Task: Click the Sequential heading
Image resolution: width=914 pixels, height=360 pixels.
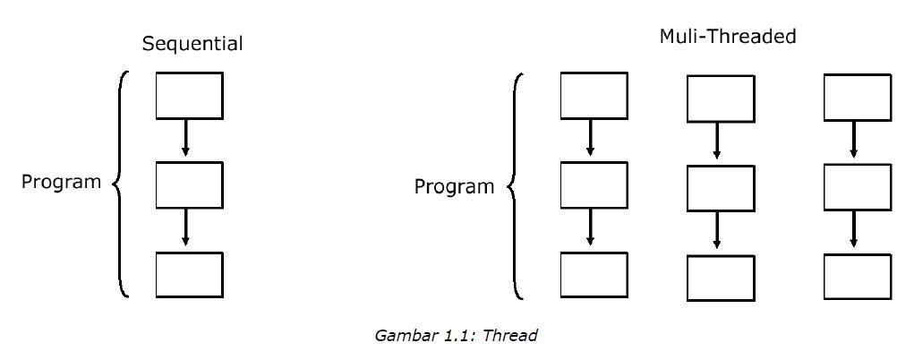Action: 192,43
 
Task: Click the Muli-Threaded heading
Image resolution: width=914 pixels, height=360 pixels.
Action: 727,37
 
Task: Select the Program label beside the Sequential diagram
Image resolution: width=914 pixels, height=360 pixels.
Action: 62,182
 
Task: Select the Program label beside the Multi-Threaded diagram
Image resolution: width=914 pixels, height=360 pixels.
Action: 454,186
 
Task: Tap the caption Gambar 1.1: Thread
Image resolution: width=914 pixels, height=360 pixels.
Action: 456,336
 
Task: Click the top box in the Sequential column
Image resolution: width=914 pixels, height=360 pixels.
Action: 189,96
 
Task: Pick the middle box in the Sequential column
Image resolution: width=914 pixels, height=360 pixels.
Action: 189,184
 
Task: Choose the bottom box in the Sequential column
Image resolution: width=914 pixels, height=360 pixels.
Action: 189,274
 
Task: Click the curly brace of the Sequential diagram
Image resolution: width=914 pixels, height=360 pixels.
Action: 121,183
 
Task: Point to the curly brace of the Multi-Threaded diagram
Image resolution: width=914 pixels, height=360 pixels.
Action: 515,186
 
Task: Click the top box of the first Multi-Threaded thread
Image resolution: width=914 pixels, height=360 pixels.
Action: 594,96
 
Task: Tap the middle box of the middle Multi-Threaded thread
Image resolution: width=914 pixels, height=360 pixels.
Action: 720,188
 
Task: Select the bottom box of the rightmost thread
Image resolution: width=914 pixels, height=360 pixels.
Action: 857,277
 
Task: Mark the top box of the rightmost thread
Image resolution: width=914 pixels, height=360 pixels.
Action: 857,97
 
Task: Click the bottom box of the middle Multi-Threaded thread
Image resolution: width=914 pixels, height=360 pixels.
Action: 720,278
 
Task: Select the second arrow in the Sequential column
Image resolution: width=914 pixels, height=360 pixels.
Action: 185,228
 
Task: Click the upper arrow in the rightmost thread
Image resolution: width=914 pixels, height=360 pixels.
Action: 853,141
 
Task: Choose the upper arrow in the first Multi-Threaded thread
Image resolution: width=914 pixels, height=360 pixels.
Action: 590,139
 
